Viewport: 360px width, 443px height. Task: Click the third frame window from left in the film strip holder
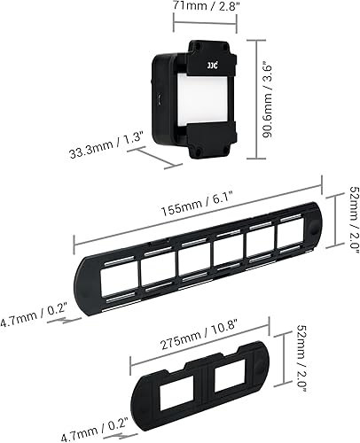click(193, 260)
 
